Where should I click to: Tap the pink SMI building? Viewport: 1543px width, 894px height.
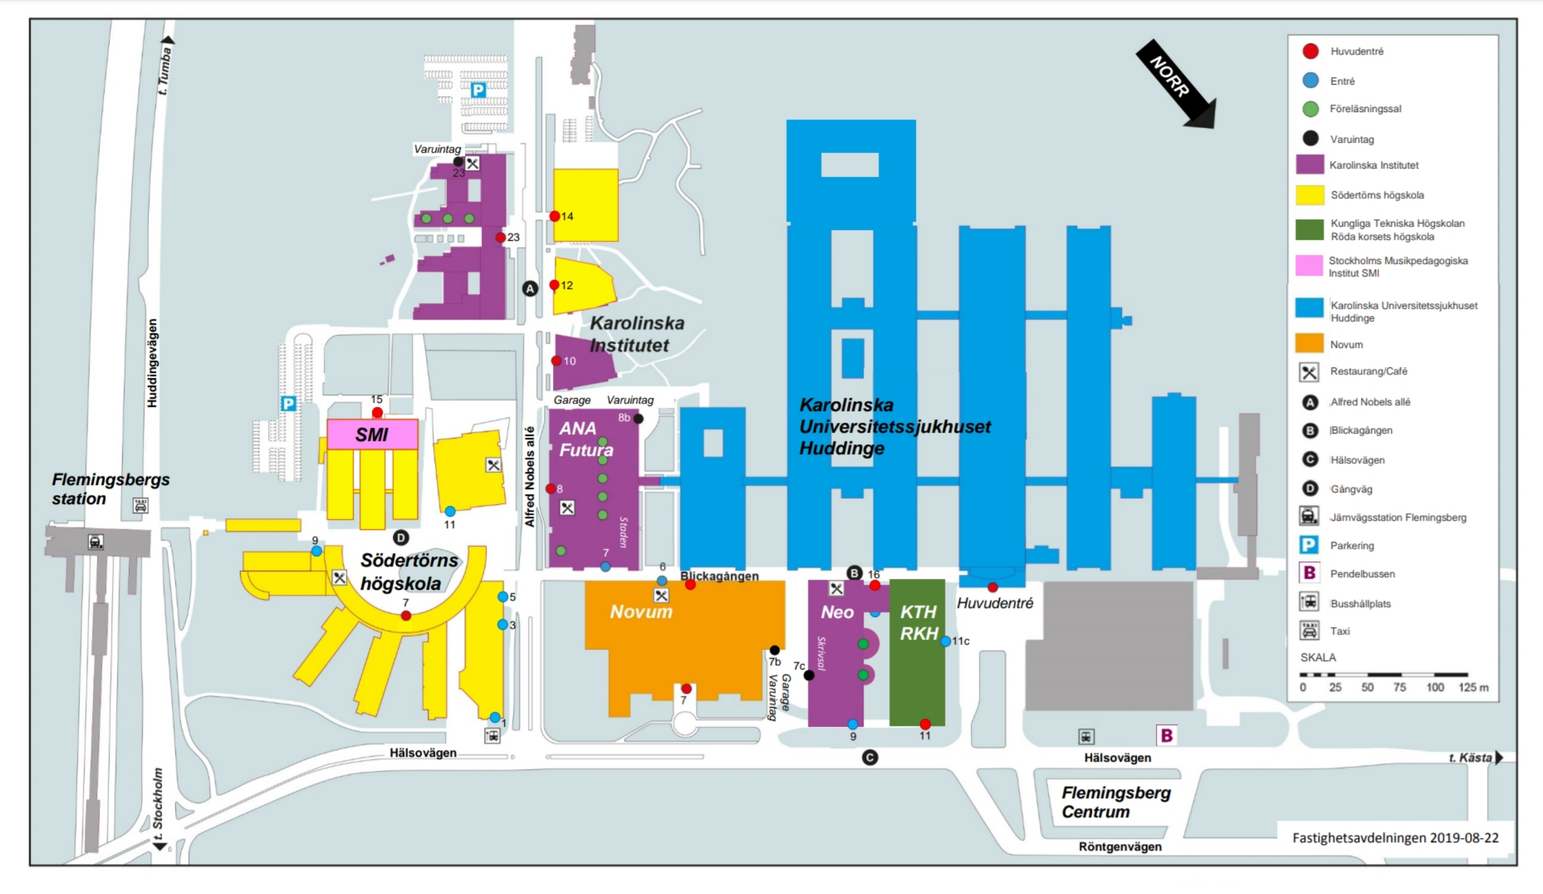[372, 434]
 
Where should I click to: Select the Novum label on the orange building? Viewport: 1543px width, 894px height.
[641, 611]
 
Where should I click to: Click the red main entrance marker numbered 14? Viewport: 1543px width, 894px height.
[555, 216]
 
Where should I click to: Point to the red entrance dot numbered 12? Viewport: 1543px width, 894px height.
[554, 285]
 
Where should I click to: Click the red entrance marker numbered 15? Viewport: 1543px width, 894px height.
[378, 413]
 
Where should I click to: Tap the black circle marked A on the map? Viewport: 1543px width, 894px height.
[530, 289]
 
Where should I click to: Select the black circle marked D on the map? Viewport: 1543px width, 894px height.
[401, 537]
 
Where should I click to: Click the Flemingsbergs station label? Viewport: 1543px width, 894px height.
[110, 488]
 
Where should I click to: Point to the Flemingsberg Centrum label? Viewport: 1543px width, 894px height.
[1116, 802]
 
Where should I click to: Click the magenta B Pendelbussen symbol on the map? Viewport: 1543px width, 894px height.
[1167, 736]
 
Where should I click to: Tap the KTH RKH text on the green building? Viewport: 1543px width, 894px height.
[918, 622]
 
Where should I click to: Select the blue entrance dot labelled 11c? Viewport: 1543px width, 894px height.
[945, 641]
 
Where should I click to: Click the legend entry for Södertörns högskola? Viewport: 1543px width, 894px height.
[1377, 195]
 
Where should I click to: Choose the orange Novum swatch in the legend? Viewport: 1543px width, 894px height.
[1309, 344]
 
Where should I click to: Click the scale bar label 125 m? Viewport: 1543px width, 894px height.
[1473, 687]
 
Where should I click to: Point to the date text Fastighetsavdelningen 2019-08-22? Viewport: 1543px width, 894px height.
[1395, 837]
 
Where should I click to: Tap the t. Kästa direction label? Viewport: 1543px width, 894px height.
[1470, 757]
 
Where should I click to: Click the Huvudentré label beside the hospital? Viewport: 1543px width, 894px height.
[995, 603]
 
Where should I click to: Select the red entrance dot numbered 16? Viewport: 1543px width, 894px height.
[875, 585]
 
